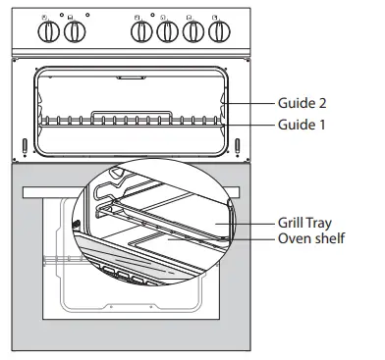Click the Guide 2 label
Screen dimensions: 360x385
[x=303, y=102]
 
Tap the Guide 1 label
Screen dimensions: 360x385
[x=303, y=125]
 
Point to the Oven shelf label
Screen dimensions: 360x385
[x=312, y=239]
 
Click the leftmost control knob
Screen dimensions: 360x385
[x=47, y=33]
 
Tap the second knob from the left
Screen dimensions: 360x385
[x=74, y=33]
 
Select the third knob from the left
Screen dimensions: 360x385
[x=141, y=33]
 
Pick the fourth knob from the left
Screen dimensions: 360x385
[x=167, y=33]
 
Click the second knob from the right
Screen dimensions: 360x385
[x=193, y=33]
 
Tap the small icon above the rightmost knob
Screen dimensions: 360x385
[x=216, y=17]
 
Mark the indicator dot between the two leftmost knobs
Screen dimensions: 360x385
[x=60, y=18]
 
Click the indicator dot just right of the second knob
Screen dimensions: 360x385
[x=86, y=17]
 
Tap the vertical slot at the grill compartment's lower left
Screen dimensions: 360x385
[x=24, y=148]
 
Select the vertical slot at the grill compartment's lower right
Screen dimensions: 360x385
[x=237, y=148]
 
